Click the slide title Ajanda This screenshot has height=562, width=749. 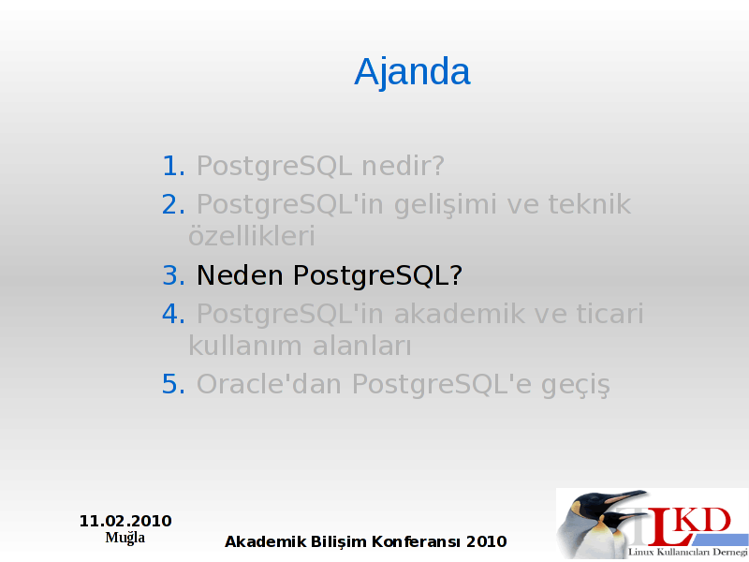pos(412,72)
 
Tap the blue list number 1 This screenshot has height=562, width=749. pos(173,166)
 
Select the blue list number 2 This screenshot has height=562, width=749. pos(173,204)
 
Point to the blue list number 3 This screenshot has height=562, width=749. pos(173,275)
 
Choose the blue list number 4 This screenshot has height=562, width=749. pos(173,314)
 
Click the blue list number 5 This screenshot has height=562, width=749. pos(173,384)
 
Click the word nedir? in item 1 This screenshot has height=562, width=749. pos(403,166)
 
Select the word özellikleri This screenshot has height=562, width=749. pos(252,235)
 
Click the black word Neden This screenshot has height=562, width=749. pos(240,275)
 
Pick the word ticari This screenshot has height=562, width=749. pos(610,314)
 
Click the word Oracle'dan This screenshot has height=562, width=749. pos(269,384)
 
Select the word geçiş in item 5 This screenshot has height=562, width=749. pos(576,386)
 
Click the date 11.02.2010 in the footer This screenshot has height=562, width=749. pos(125,521)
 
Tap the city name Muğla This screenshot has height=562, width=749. pos(125,538)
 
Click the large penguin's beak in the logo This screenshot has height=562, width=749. pos(625,496)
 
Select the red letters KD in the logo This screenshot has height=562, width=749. pos(705,522)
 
